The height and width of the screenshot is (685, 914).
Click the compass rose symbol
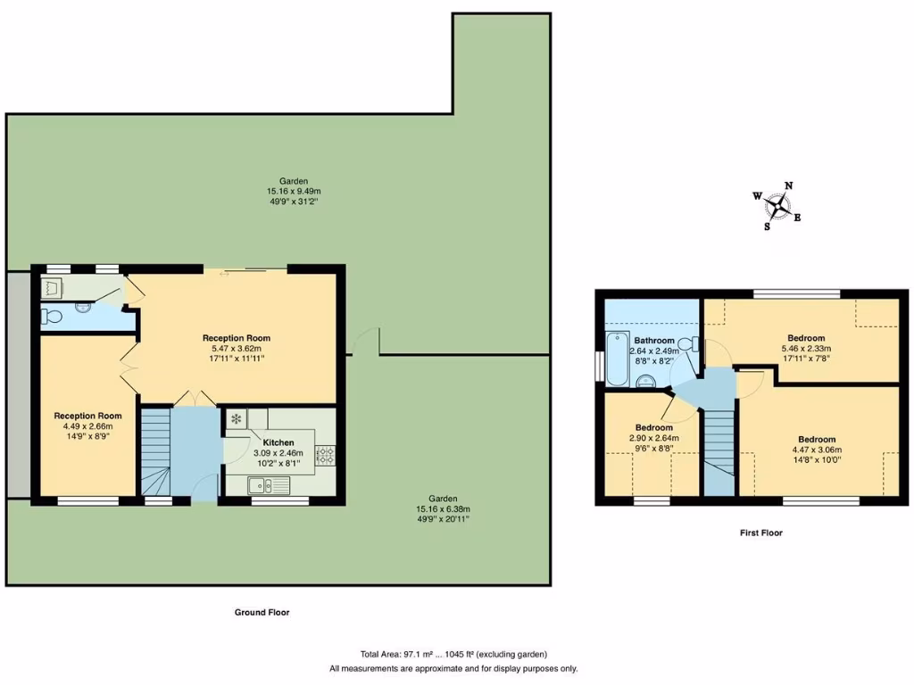click(778, 206)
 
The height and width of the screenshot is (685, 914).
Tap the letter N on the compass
click(788, 186)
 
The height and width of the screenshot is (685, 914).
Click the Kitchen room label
click(278, 442)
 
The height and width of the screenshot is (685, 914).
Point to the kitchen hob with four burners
click(324, 455)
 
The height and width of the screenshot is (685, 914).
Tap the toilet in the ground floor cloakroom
click(53, 315)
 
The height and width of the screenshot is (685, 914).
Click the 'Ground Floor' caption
click(262, 613)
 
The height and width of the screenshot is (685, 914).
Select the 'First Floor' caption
click(760, 532)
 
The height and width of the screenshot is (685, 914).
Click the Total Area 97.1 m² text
click(453, 655)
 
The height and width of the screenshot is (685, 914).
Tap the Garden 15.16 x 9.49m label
click(293, 191)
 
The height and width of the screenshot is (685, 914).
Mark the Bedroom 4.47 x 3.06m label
click(817, 450)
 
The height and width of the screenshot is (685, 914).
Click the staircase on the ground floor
click(154, 450)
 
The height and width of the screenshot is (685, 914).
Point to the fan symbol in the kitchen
click(237, 418)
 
